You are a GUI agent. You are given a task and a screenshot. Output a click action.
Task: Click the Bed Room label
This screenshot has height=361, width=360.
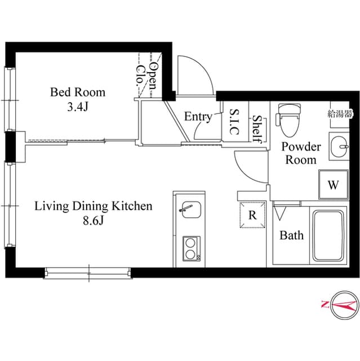tap(78, 92)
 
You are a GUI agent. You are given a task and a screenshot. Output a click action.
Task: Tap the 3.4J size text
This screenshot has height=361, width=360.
tap(78, 107)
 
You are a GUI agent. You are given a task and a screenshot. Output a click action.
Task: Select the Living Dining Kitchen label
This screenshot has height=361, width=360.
tap(94, 206)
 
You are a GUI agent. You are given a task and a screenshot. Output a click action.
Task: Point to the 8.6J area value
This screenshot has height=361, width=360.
tap(94, 221)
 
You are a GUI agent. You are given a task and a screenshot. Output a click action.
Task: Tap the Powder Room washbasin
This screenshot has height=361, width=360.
tap(339, 147)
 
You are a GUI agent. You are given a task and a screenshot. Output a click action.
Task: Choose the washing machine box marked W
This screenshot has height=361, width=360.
tap(334, 184)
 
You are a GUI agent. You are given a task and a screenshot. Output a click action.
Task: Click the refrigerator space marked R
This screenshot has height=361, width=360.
tap(252, 215)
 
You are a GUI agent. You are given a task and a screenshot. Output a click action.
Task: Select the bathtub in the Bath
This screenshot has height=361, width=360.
tap(328, 235)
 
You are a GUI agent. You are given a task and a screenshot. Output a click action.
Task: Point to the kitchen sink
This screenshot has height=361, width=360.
tap(190, 209)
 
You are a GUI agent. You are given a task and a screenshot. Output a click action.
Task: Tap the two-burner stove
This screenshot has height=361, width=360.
tap(192, 249)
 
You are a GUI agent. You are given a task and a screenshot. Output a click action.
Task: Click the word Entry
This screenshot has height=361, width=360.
tap(198, 117)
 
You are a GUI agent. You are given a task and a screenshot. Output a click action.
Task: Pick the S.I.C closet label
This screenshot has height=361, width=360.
tap(234, 122)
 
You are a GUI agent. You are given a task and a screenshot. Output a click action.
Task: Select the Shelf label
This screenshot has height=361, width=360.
tap(257, 129)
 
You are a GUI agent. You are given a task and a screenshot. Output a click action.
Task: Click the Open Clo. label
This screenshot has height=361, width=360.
tap(147, 76)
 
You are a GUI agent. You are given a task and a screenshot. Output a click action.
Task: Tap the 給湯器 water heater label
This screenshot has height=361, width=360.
tap(340, 114)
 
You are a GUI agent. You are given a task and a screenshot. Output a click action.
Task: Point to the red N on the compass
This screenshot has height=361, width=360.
tap(325, 305)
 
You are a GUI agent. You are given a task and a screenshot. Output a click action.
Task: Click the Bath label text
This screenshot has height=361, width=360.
tap(291, 235)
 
